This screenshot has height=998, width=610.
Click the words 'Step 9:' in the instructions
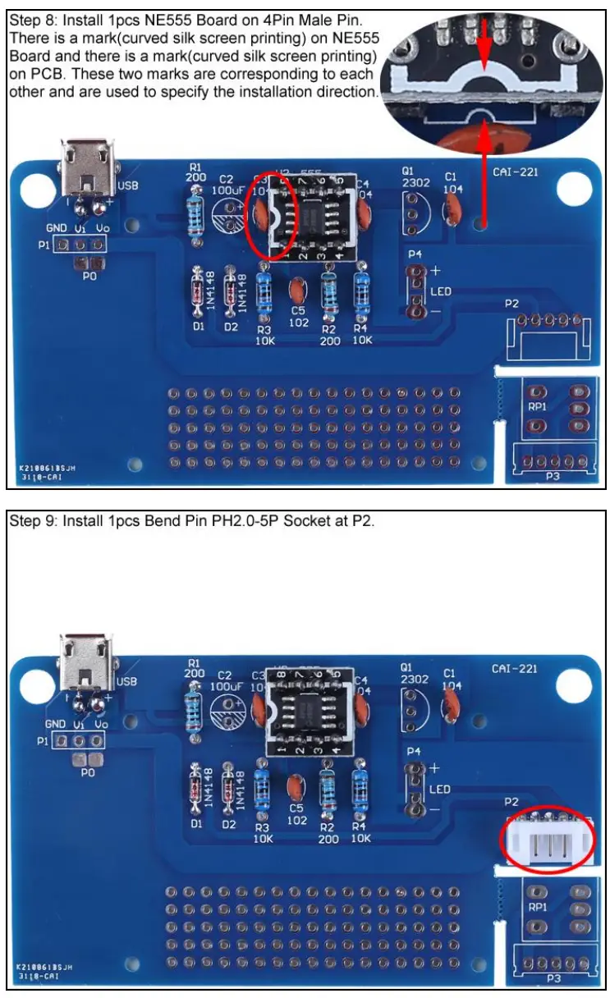31,520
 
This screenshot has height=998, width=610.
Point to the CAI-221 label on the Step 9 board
515,669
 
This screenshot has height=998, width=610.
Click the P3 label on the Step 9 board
553,979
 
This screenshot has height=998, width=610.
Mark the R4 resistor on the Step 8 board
361,291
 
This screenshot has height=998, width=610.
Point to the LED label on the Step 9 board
440,790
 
